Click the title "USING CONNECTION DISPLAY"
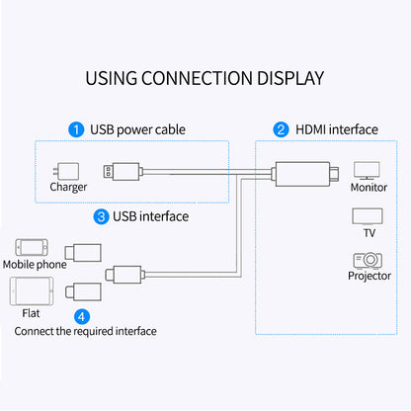205,77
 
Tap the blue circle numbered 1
75,129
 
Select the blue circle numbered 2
281,129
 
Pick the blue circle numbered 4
81,316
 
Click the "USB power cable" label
137,129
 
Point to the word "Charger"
67,187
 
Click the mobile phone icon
31,248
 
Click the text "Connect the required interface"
85,332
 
